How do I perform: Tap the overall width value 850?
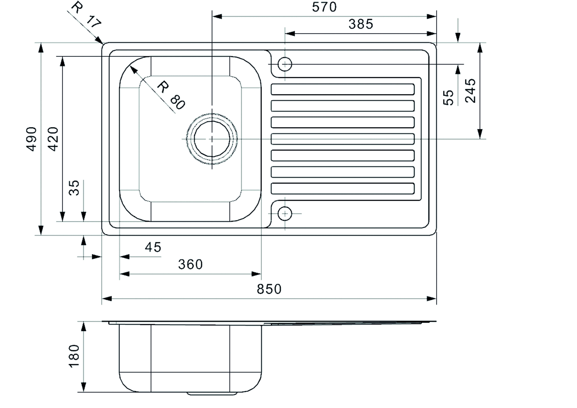(x=269, y=289)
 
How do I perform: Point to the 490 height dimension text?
(x=32, y=139)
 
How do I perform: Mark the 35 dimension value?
(x=74, y=188)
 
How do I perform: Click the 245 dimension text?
(x=470, y=91)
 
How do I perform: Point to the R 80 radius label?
(x=171, y=95)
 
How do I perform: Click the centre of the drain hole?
(x=212, y=139)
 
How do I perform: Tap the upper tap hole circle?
(x=285, y=64)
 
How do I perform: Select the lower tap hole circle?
(x=285, y=213)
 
